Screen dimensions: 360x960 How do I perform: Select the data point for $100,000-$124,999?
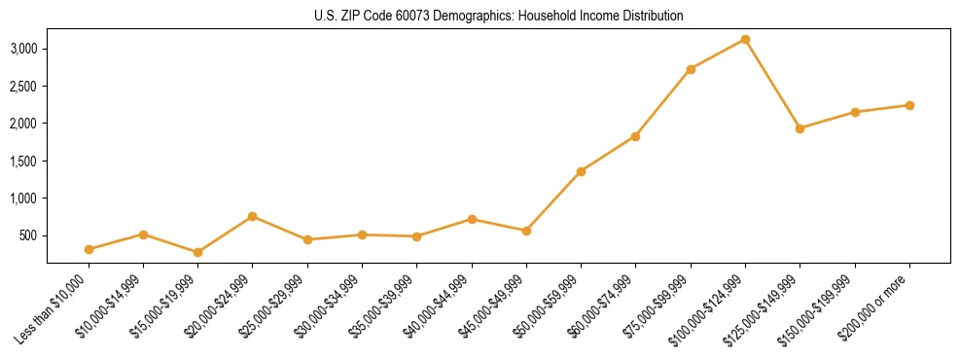click(x=745, y=39)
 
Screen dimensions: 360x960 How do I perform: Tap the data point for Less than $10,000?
click(x=89, y=249)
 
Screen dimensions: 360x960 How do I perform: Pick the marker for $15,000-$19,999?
click(x=198, y=252)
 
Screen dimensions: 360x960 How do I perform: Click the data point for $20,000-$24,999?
click(x=253, y=216)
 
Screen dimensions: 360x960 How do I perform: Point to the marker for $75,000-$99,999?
click(x=691, y=69)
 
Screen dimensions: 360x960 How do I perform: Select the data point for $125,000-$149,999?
click(x=800, y=128)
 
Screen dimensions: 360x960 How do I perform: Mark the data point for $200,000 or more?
click(x=909, y=105)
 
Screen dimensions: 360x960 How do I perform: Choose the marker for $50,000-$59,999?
click(x=581, y=171)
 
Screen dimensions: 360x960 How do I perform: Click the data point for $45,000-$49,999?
click(x=526, y=231)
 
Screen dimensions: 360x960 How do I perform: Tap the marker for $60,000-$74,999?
click(x=635, y=136)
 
